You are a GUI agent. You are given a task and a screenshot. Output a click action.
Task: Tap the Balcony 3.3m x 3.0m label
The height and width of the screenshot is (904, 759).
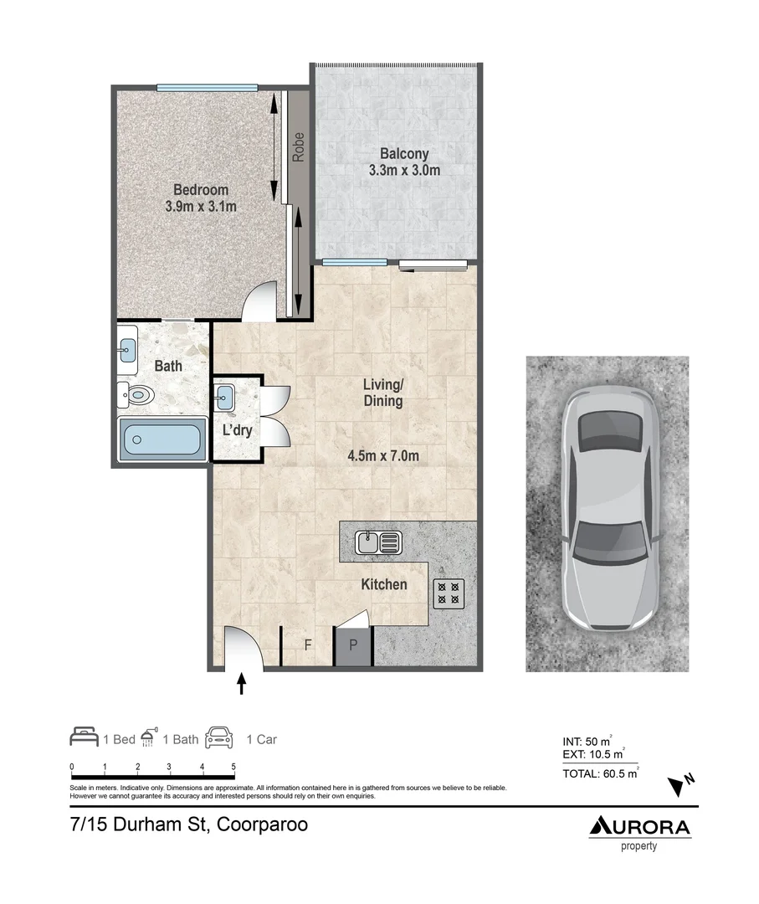[x=404, y=162]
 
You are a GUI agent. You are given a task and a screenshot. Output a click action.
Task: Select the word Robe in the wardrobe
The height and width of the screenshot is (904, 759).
[x=297, y=147]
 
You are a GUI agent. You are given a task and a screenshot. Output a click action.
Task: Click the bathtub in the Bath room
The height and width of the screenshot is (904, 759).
[x=162, y=439]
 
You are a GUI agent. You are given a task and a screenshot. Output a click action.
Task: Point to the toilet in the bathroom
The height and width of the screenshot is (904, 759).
[x=136, y=393]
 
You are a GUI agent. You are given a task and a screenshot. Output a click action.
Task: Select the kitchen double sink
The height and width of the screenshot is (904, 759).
[x=378, y=542]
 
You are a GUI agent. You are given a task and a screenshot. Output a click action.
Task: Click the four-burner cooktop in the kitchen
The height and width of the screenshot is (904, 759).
[x=448, y=593]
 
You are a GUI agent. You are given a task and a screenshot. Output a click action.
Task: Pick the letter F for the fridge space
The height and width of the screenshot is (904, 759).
[x=307, y=645]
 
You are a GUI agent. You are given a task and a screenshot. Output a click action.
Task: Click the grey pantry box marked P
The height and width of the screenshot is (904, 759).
[x=353, y=646]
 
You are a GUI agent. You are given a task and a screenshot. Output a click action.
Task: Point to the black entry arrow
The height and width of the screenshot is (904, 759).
[x=242, y=684]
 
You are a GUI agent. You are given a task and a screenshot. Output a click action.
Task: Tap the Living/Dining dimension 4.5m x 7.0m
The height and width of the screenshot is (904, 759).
[x=382, y=456]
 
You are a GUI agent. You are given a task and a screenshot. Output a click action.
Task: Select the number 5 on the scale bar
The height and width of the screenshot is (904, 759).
[x=233, y=767]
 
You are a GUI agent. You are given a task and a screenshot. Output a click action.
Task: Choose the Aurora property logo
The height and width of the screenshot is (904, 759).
[x=639, y=831]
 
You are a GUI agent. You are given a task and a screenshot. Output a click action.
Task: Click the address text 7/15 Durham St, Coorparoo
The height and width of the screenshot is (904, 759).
[x=189, y=824]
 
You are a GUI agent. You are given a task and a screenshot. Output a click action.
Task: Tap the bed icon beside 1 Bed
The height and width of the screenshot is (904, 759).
[x=84, y=737]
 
